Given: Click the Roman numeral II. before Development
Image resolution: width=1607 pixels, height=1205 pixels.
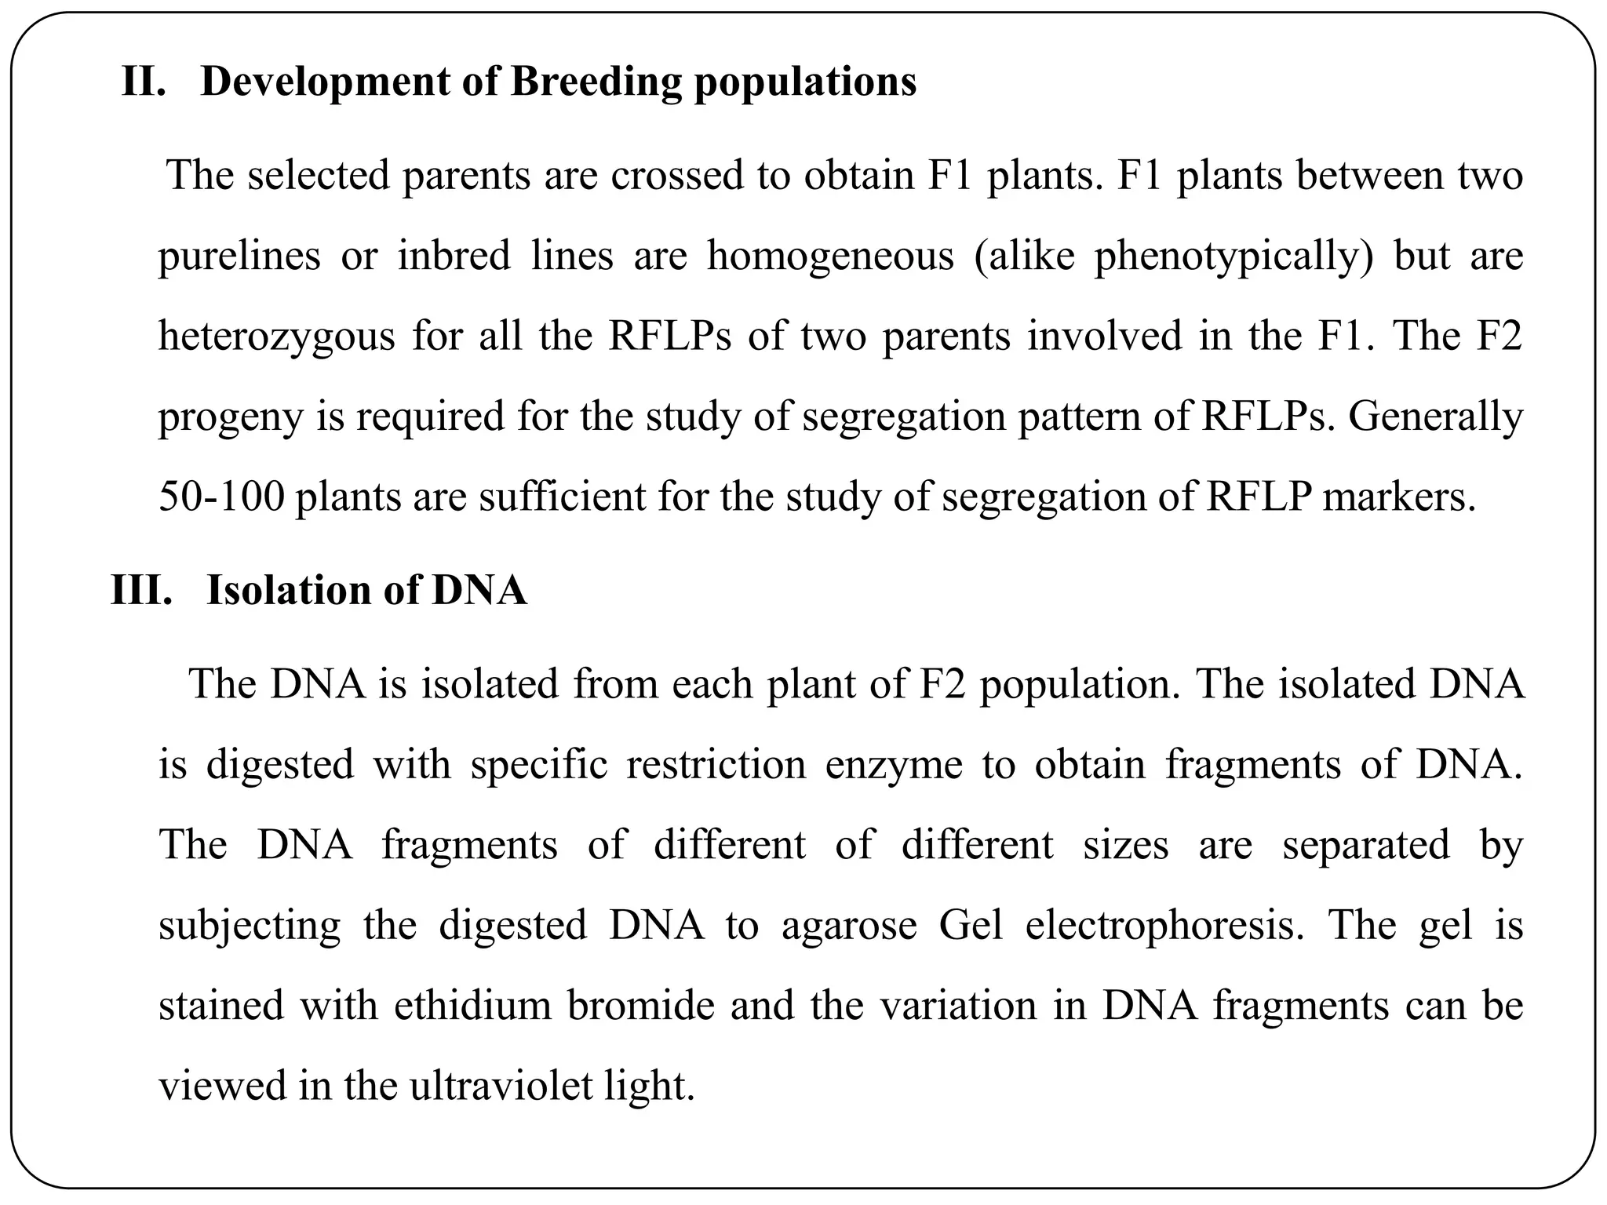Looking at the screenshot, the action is click(x=144, y=82).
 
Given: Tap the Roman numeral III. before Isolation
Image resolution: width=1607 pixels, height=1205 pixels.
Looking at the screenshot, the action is click(x=141, y=591).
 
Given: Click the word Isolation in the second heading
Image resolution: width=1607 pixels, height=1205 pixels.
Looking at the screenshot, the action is click(x=286, y=591).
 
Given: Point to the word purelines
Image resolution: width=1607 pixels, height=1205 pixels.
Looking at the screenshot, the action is click(x=239, y=257).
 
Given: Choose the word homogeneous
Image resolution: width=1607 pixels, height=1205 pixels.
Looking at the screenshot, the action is click(x=830, y=257).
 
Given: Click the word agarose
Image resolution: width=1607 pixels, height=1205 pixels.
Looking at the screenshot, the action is click(x=849, y=927).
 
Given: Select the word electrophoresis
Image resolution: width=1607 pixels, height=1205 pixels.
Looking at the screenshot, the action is click(x=1164, y=926).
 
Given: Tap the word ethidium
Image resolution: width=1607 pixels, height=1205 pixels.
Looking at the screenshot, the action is click(x=473, y=1006).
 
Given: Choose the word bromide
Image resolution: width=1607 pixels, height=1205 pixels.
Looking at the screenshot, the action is click(x=640, y=1006).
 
